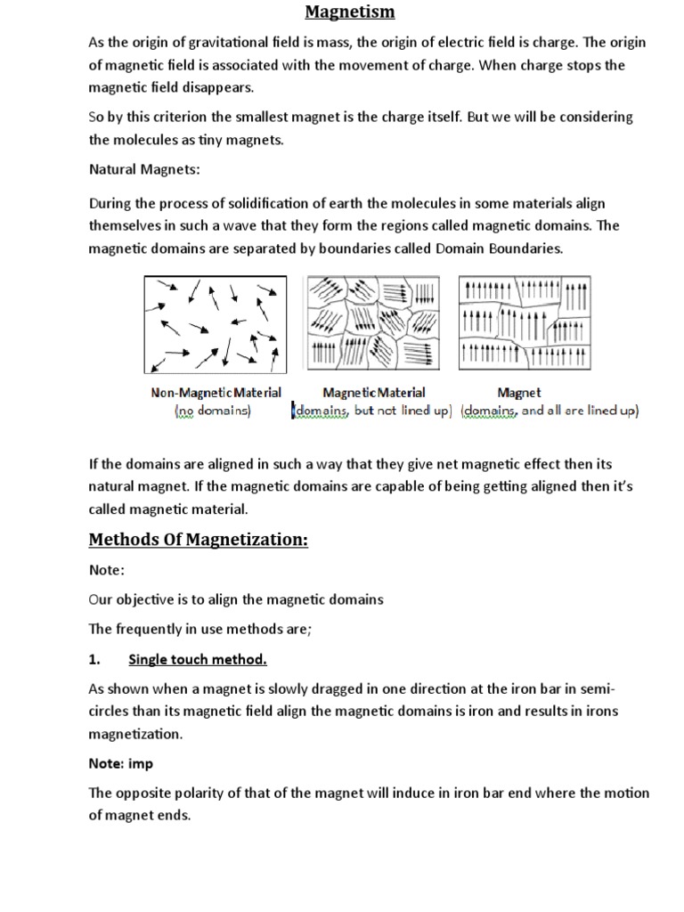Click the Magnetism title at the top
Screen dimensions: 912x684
350,12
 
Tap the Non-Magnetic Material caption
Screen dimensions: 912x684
216,392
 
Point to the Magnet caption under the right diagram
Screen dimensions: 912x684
518,392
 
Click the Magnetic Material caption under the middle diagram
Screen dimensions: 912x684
373,392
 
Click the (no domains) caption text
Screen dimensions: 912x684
213,411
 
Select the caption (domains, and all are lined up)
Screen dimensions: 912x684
550,411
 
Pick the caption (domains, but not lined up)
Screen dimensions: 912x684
372,411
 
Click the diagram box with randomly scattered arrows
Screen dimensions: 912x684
216,324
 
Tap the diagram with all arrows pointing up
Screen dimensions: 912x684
524,322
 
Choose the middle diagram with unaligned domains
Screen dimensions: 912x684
372,322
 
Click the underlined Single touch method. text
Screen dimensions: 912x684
198,660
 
